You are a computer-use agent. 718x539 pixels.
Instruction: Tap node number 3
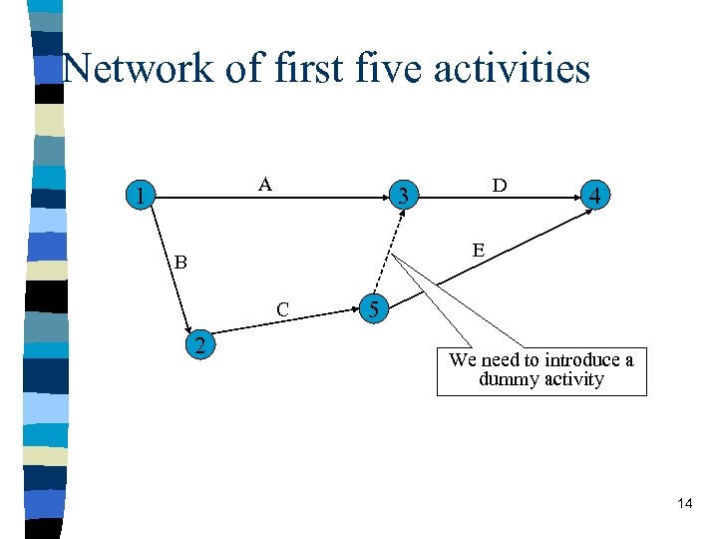(x=402, y=194)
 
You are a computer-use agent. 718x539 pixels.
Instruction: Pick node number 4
(x=594, y=197)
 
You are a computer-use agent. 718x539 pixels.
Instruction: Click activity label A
(x=264, y=184)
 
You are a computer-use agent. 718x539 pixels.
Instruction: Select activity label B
(x=180, y=264)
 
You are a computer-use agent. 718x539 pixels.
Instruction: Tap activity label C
(x=283, y=309)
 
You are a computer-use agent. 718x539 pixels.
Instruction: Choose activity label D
(x=499, y=186)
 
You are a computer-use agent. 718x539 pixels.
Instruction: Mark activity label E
(x=479, y=250)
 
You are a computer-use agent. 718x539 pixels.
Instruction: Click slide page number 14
(x=684, y=503)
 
